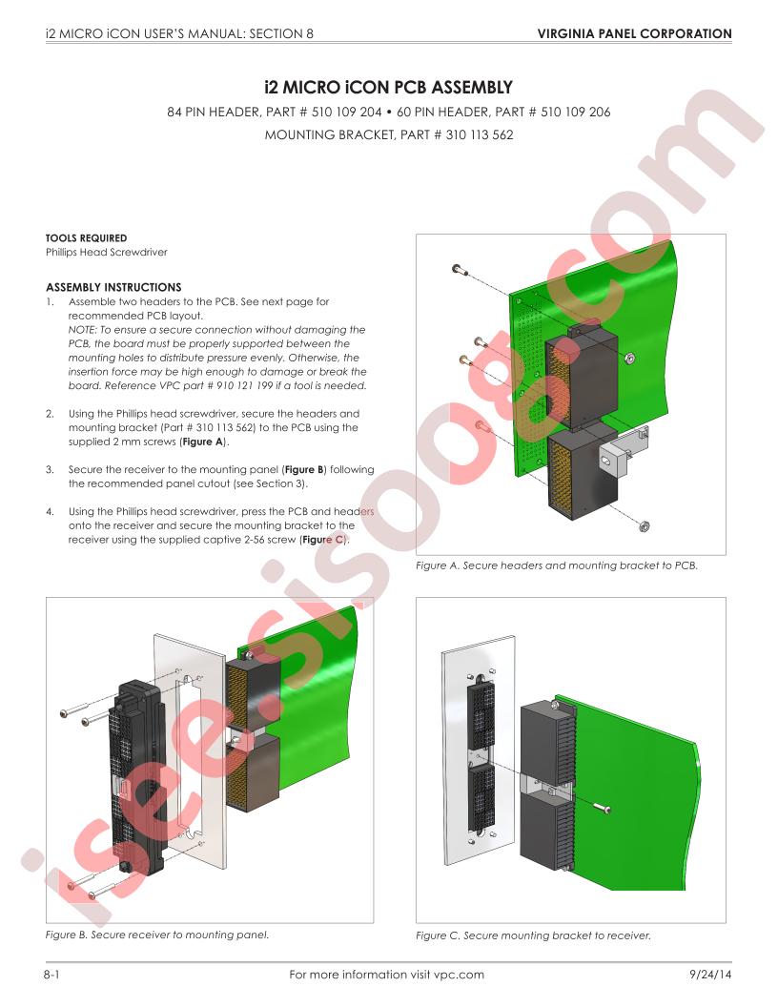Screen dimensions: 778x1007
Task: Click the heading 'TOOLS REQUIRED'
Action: pyautogui.click(x=86, y=237)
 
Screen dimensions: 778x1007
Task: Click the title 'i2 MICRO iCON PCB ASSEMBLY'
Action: pyautogui.click(x=388, y=87)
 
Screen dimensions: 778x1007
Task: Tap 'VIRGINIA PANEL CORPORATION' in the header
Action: pyautogui.click(x=634, y=33)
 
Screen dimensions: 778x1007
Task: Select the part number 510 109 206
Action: pyautogui.click(x=575, y=112)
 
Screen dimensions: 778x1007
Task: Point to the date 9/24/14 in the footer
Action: pyautogui.click(x=710, y=975)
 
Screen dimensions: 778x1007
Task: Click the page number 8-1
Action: pyautogui.click(x=52, y=975)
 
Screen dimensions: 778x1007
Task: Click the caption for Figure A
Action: pyautogui.click(x=557, y=565)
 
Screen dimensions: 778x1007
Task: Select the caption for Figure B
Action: pyautogui.click(x=156, y=935)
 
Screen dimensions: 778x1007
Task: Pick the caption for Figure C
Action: pyautogui.click(x=533, y=935)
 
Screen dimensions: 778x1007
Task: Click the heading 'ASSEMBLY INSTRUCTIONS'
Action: pyautogui.click(x=113, y=287)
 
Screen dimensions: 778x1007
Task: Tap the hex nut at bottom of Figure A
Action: pyautogui.click(x=644, y=526)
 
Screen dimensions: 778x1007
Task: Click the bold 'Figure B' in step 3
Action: pyautogui.click(x=304, y=469)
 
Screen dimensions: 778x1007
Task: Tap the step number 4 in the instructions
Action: pyautogui.click(x=50, y=512)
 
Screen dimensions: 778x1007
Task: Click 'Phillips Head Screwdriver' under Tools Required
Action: pyautogui.click(x=107, y=252)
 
